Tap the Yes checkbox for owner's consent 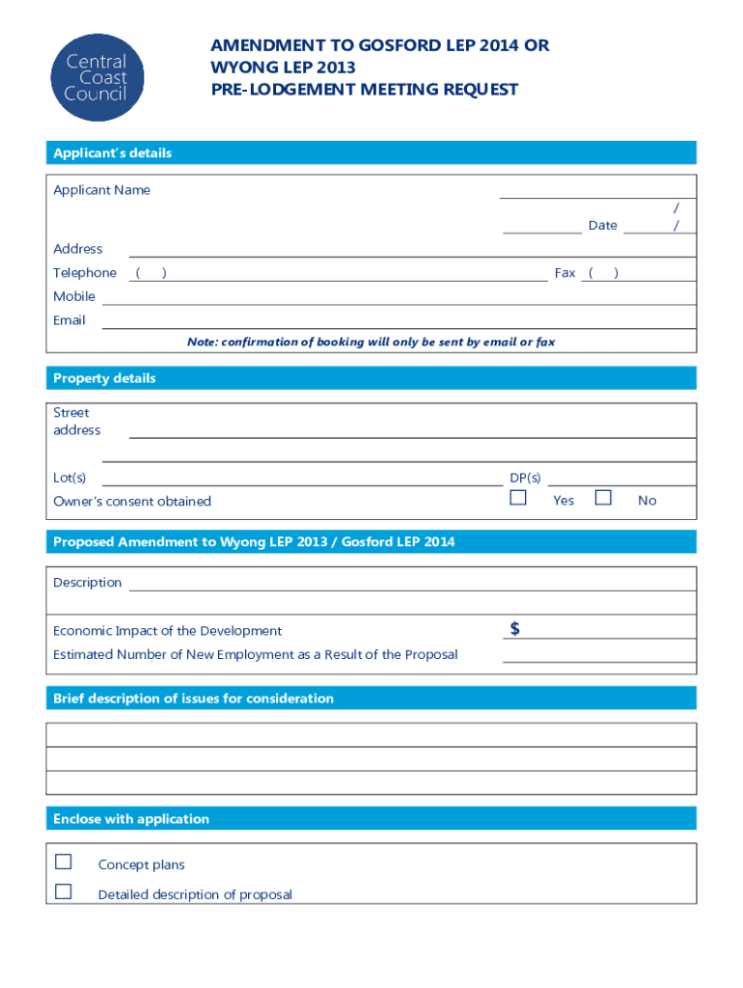point(518,498)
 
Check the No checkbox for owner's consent point(603,498)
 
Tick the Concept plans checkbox point(64,862)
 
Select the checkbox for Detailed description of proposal point(64,892)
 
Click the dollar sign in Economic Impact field point(515,629)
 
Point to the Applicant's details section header point(112,153)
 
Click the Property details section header point(104,378)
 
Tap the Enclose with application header point(131,819)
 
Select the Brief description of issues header point(193,699)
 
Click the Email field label point(69,320)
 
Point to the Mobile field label point(74,296)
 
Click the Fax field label point(564,273)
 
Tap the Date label point(602,226)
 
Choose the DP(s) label point(525,478)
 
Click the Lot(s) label point(69,478)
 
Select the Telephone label point(85,273)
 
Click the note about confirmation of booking point(371,342)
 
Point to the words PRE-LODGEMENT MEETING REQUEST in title point(365,90)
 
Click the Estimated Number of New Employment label point(256,654)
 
